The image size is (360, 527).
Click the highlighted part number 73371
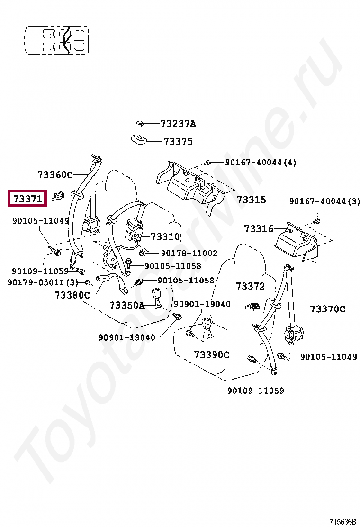tap(27, 199)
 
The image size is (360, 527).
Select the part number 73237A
tap(178, 124)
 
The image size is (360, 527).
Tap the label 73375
tap(178, 141)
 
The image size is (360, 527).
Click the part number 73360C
tap(55, 175)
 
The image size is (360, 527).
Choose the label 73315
tap(251, 200)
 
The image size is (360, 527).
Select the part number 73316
tap(259, 229)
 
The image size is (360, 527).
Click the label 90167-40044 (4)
tap(260, 163)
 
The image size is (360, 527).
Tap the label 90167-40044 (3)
tap(324, 201)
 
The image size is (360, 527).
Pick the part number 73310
tap(165, 236)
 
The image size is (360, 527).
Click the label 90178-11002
tap(189, 254)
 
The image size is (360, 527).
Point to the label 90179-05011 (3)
tap(43, 282)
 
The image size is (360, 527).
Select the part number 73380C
tap(72, 295)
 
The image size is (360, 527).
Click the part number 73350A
tap(126, 305)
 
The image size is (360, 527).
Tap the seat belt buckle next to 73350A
tap(157, 298)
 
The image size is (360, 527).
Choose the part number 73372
tap(250, 286)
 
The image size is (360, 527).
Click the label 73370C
tap(327, 309)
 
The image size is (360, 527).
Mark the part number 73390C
tap(211, 354)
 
